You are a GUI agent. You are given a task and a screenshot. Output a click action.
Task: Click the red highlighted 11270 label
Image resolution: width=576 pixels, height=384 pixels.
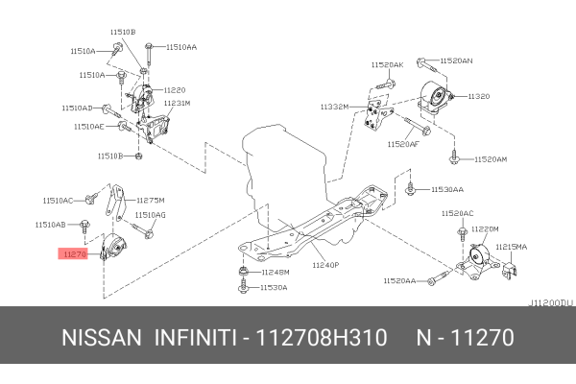[x=75, y=254]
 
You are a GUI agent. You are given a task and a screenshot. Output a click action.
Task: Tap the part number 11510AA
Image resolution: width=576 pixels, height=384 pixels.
[x=180, y=46]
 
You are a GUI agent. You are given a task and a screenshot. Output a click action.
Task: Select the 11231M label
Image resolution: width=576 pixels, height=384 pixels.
[x=177, y=103]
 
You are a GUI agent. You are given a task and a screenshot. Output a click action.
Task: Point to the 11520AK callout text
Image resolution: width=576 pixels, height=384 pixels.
[x=388, y=64]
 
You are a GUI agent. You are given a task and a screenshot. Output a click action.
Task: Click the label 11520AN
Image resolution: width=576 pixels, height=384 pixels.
[x=456, y=60]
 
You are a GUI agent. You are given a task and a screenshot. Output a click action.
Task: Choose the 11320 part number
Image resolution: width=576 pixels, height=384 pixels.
[x=479, y=97]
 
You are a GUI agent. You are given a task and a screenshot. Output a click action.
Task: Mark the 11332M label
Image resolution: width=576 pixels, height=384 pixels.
[x=334, y=108]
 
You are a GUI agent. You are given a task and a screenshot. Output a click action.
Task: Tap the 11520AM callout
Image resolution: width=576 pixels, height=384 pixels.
[x=488, y=158]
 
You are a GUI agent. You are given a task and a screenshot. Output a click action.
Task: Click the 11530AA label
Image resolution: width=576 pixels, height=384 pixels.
[x=446, y=190]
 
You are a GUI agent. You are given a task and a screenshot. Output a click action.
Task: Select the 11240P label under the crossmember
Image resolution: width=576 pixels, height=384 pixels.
[x=325, y=263]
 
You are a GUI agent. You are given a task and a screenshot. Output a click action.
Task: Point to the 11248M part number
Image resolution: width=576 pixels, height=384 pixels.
[x=275, y=272]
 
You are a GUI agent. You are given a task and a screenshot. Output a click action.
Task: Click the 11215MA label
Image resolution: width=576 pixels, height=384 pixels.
[x=511, y=246]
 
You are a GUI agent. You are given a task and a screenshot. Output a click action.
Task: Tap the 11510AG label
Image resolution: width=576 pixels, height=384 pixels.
[x=150, y=215]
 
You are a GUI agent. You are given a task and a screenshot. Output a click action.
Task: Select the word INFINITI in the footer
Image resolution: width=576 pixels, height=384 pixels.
[x=194, y=338]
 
